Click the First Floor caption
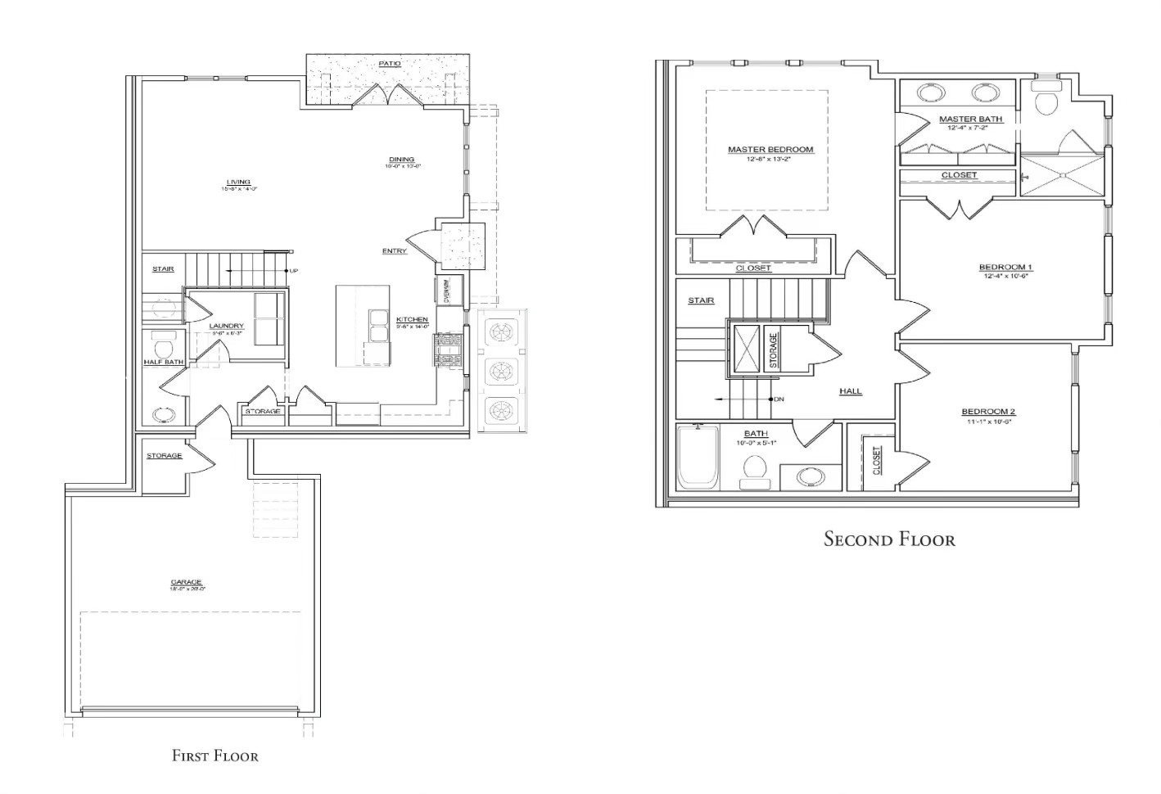coord(215,756)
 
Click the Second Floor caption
coord(888,539)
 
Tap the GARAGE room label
coord(187,582)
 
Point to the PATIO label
coord(389,63)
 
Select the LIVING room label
coord(238,182)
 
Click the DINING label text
coord(401,160)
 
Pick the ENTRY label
coord(394,250)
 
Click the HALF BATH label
coord(164,362)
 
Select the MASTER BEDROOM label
coord(770,149)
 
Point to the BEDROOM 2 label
coord(988,411)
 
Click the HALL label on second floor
coord(850,391)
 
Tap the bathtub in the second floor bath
coord(698,458)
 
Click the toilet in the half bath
coord(163,341)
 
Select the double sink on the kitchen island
coord(377,325)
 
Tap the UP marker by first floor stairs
coord(292,271)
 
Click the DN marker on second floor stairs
coord(779,399)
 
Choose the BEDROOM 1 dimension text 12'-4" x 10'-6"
coord(1005,276)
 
